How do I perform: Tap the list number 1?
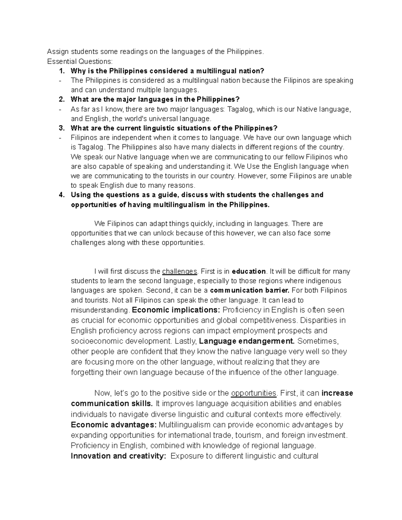pyautogui.click(x=61, y=71)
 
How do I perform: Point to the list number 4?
pyautogui.click(x=61, y=195)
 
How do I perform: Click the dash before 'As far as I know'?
pyautogui.click(x=60, y=109)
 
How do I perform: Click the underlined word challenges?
pyautogui.click(x=179, y=272)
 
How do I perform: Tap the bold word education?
pyautogui.click(x=249, y=272)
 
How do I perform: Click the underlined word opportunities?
pyautogui.click(x=254, y=393)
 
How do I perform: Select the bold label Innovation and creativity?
pyautogui.click(x=118, y=456)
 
